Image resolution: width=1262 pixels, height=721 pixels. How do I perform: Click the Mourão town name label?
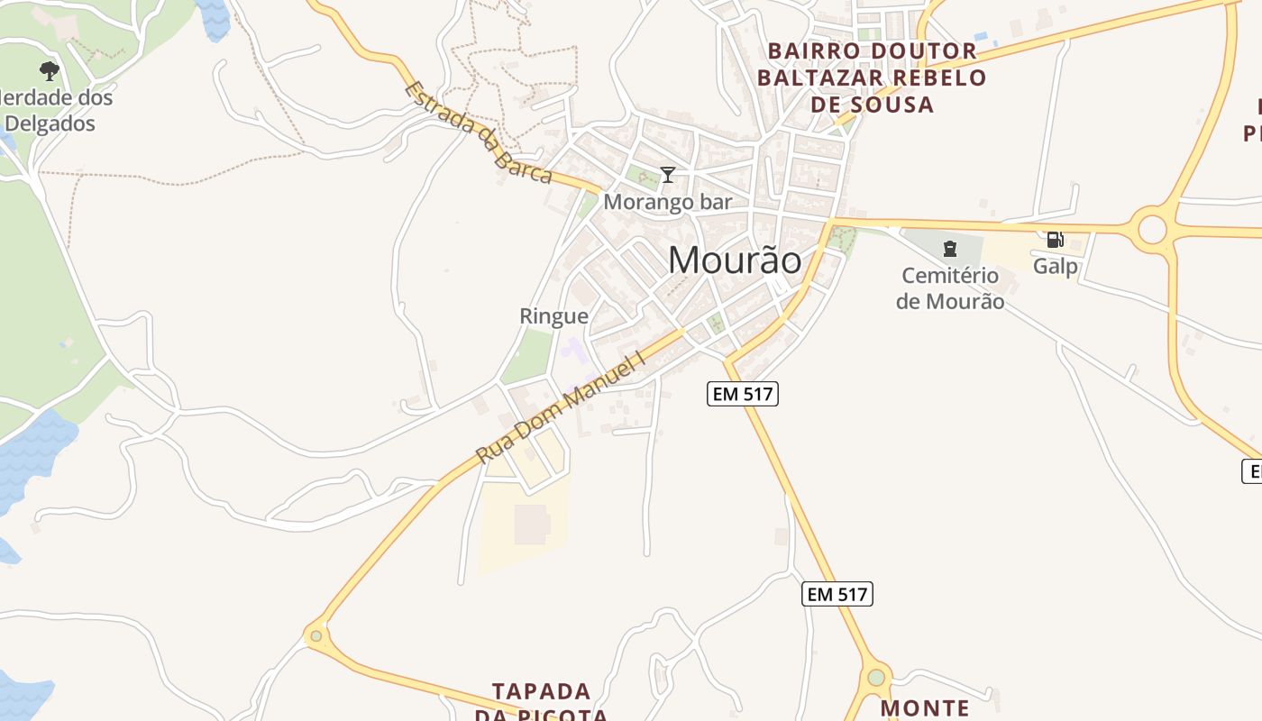735,260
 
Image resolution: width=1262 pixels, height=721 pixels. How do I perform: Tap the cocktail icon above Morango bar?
668,174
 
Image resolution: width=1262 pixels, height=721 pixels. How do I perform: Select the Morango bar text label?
667,202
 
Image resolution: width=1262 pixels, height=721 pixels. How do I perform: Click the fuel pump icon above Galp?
1055,240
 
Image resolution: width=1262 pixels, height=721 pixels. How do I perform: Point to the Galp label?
1056,266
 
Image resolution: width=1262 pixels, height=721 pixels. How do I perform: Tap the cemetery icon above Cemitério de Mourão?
949,248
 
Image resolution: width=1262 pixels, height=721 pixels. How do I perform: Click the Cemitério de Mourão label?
950,288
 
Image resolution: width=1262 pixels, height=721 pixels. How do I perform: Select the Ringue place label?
553,316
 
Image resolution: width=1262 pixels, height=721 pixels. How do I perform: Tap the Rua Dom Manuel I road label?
562,407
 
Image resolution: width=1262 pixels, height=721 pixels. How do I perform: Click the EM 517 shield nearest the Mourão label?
743,394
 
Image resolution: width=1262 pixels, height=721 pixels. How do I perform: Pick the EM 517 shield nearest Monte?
837,594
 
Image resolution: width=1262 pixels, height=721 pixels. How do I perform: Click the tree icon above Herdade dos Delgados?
50,70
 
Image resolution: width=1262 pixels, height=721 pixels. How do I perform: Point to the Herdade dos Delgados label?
56,110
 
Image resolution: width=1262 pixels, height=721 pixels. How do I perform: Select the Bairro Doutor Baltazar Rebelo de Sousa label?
871,78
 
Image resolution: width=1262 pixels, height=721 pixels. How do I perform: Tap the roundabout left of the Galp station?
1153,229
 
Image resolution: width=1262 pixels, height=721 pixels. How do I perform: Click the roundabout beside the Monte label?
875,677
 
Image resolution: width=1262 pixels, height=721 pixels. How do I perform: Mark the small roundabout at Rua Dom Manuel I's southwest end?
315,636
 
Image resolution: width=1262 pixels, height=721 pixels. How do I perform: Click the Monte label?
925,708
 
